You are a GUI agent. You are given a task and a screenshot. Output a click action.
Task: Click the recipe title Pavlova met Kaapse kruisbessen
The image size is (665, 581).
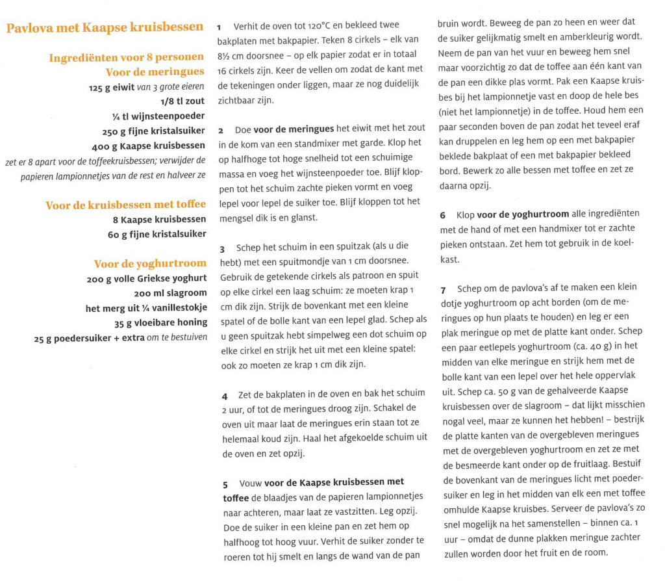click(x=105, y=27)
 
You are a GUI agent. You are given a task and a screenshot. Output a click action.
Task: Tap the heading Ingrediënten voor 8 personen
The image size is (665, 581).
click(x=127, y=58)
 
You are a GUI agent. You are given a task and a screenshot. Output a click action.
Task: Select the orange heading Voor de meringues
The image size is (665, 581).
click(x=155, y=72)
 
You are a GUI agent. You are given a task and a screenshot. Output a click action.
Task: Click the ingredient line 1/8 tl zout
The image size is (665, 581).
click(x=182, y=101)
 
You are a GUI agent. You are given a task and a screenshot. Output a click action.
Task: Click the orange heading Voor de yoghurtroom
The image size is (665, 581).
click(x=150, y=263)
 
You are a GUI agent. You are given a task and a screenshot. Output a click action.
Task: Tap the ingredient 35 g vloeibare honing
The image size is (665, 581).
click(x=160, y=322)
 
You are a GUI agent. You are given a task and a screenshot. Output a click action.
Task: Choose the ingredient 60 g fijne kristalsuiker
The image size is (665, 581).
click(x=157, y=234)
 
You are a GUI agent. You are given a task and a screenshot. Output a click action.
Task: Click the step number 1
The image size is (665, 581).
click(x=220, y=27)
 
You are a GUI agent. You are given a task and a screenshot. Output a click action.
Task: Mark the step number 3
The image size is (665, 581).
click(x=221, y=248)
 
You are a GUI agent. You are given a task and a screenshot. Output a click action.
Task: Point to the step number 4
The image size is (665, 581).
click(x=224, y=394)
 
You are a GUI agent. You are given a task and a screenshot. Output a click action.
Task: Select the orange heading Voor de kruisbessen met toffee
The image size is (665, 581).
click(x=125, y=205)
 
